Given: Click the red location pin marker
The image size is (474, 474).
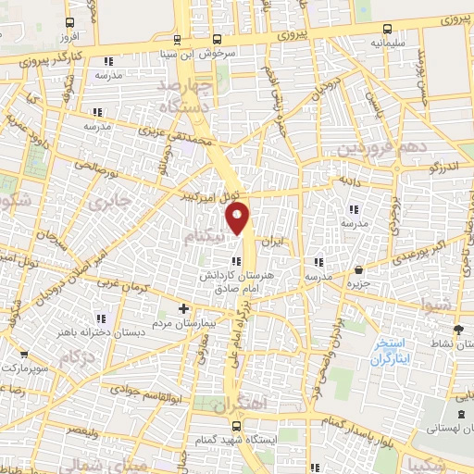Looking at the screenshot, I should tap(238, 218).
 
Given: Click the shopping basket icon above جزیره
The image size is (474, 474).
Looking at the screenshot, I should tap(359, 269).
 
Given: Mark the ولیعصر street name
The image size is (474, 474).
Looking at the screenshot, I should tap(83, 431).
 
